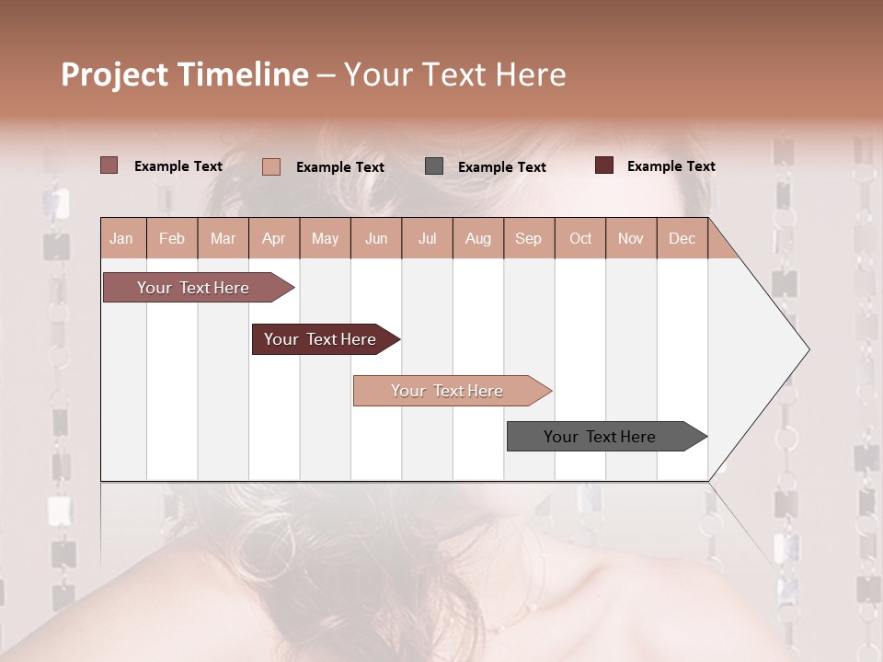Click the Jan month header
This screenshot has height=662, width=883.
121,239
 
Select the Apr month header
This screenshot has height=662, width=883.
274,239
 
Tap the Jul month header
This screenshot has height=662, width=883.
428,239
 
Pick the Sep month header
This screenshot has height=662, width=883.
528,239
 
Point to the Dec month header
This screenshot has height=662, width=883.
682,239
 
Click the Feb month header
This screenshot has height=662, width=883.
172,239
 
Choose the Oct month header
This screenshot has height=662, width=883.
580,239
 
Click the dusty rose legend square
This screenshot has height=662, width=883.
109,165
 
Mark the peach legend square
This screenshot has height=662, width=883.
271,166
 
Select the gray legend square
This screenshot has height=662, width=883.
434,166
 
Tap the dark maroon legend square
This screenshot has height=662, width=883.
604,165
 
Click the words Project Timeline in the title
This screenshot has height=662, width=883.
185,74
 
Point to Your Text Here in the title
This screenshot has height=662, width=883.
455,74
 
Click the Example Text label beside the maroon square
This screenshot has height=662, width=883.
671,166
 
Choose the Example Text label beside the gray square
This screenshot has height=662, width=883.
501,167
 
